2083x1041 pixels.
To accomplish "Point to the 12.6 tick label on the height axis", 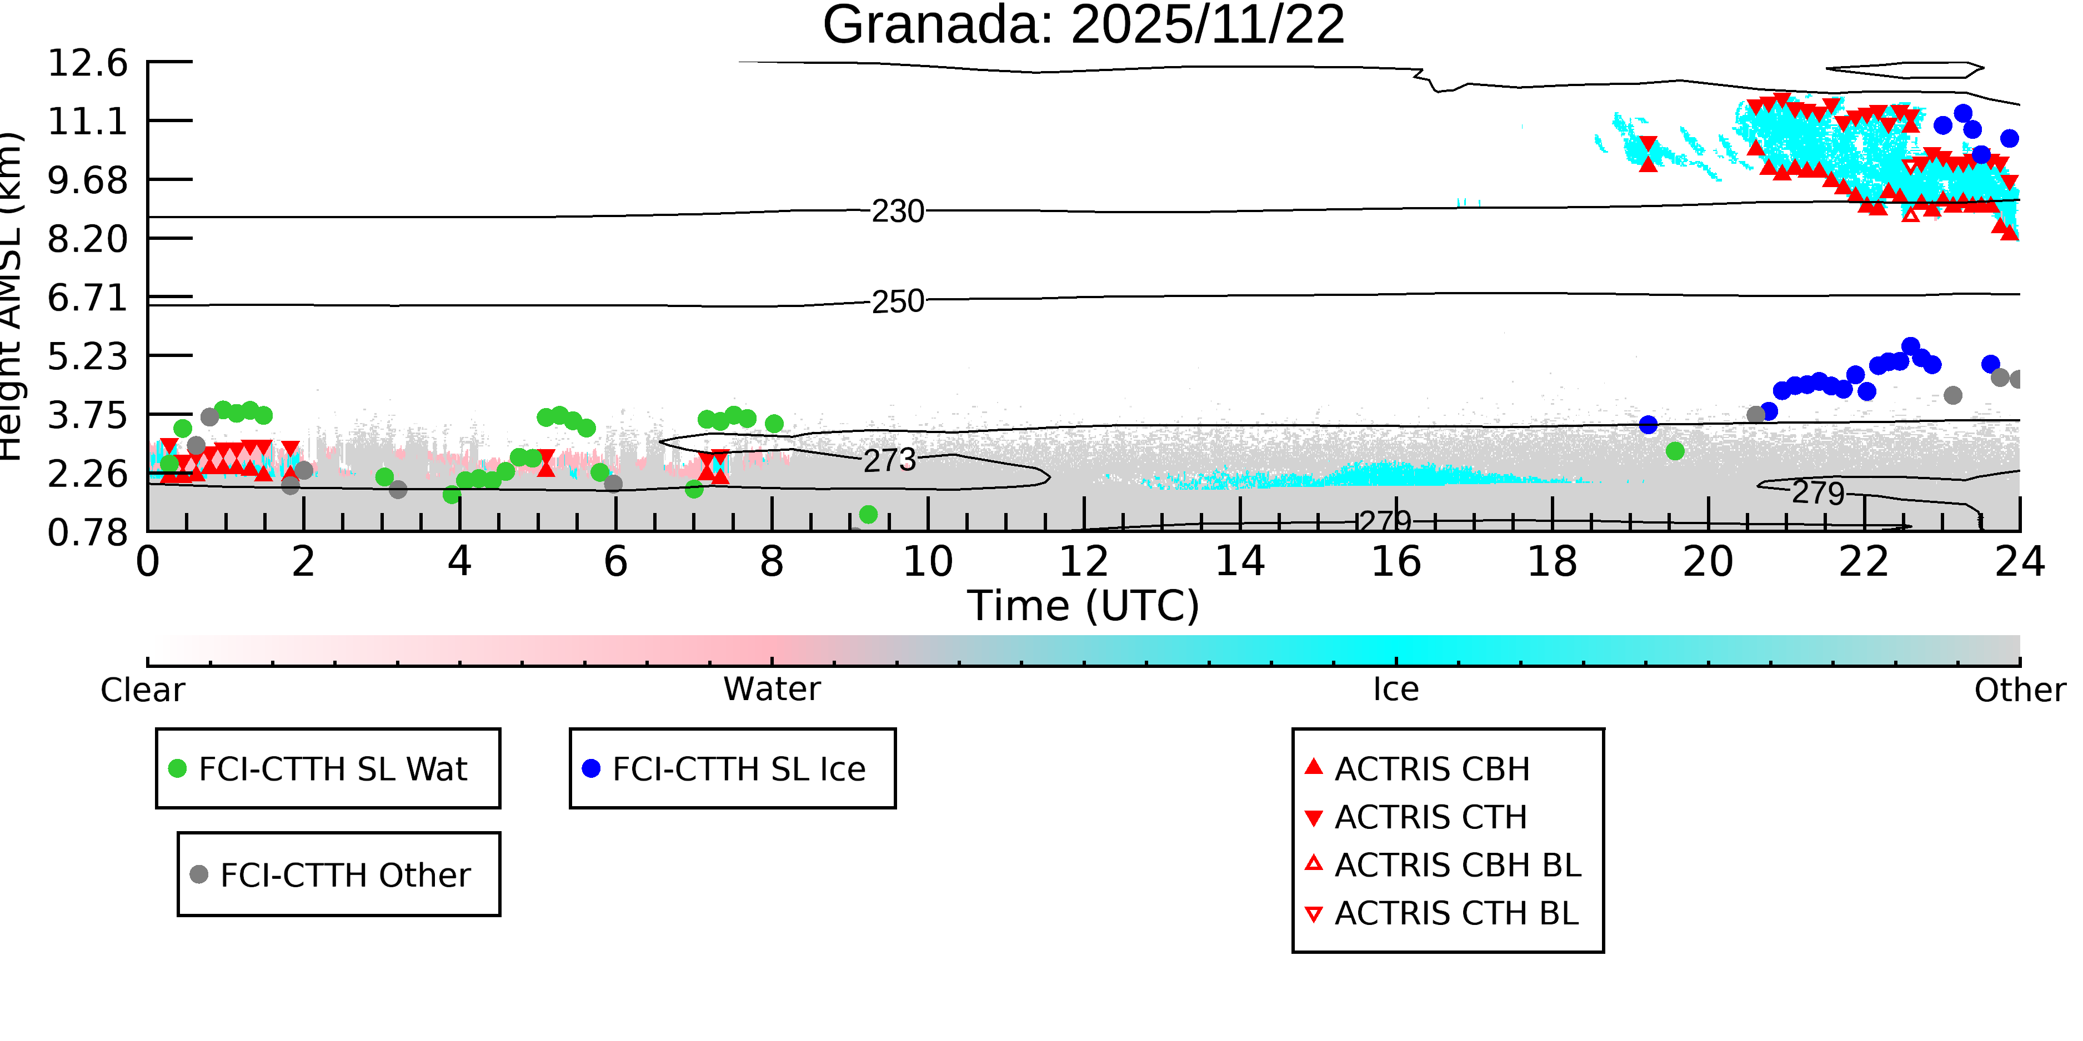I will [x=87, y=63].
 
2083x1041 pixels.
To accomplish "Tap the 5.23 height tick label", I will [x=87, y=356].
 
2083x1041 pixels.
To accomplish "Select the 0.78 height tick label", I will [x=87, y=532].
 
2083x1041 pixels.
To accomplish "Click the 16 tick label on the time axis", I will [x=1396, y=562].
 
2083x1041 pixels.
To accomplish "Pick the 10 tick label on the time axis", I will [x=928, y=562].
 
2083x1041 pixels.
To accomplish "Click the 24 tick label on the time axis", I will [x=2019, y=562].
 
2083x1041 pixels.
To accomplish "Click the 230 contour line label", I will [x=898, y=212].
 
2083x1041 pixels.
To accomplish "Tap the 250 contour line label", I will [x=898, y=301].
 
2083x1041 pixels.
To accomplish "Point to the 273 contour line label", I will [x=889, y=461].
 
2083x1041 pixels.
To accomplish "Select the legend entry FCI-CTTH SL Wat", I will [x=332, y=768].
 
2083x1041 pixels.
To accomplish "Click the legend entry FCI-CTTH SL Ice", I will [x=738, y=768].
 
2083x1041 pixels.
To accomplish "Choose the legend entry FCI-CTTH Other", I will [x=344, y=874].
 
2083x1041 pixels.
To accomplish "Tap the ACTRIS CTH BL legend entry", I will [x=1455, y=913].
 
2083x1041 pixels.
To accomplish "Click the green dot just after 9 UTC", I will [x=868, y=515].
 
